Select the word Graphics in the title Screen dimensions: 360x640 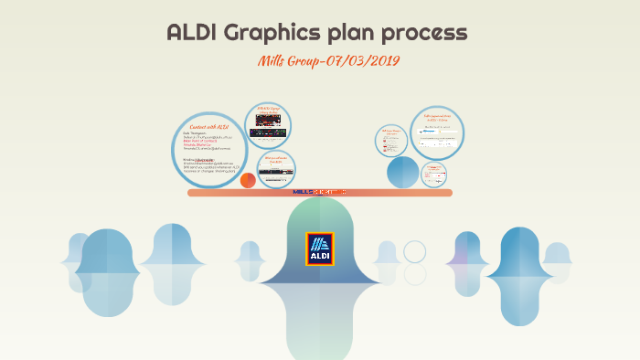click(x=270, y=34)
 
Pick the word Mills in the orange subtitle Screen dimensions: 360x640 click(x=274, y=61)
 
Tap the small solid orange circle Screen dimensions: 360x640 click(x=248, y=180)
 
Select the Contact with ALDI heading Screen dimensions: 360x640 click(x=210, y=126)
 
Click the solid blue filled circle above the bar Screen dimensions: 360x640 click(x=402, y=172)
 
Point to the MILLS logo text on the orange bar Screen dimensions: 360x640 click(x=319, y=193)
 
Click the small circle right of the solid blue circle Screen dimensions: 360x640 click(x=434, y=173)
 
